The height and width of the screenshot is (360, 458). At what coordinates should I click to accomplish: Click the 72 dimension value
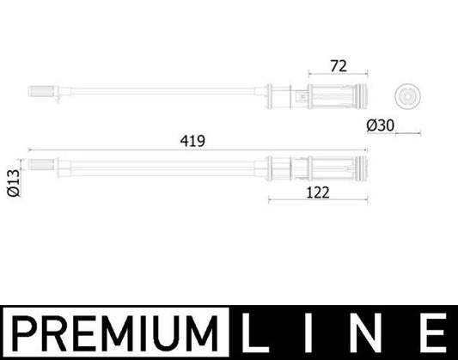click(339, 66)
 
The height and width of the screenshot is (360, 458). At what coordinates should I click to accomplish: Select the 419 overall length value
click(192, 141)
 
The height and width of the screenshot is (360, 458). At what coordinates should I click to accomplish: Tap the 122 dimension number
click(318, 192)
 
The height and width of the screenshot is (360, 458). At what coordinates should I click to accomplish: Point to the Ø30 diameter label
click(381, 125)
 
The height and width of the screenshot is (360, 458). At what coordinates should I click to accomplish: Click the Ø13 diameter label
click(14, 183)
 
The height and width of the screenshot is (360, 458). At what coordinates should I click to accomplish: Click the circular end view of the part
click(407, 95)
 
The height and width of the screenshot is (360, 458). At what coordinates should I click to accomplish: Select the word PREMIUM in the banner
click(115, 333)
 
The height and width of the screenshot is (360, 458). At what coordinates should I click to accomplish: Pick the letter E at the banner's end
click(433, 333)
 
